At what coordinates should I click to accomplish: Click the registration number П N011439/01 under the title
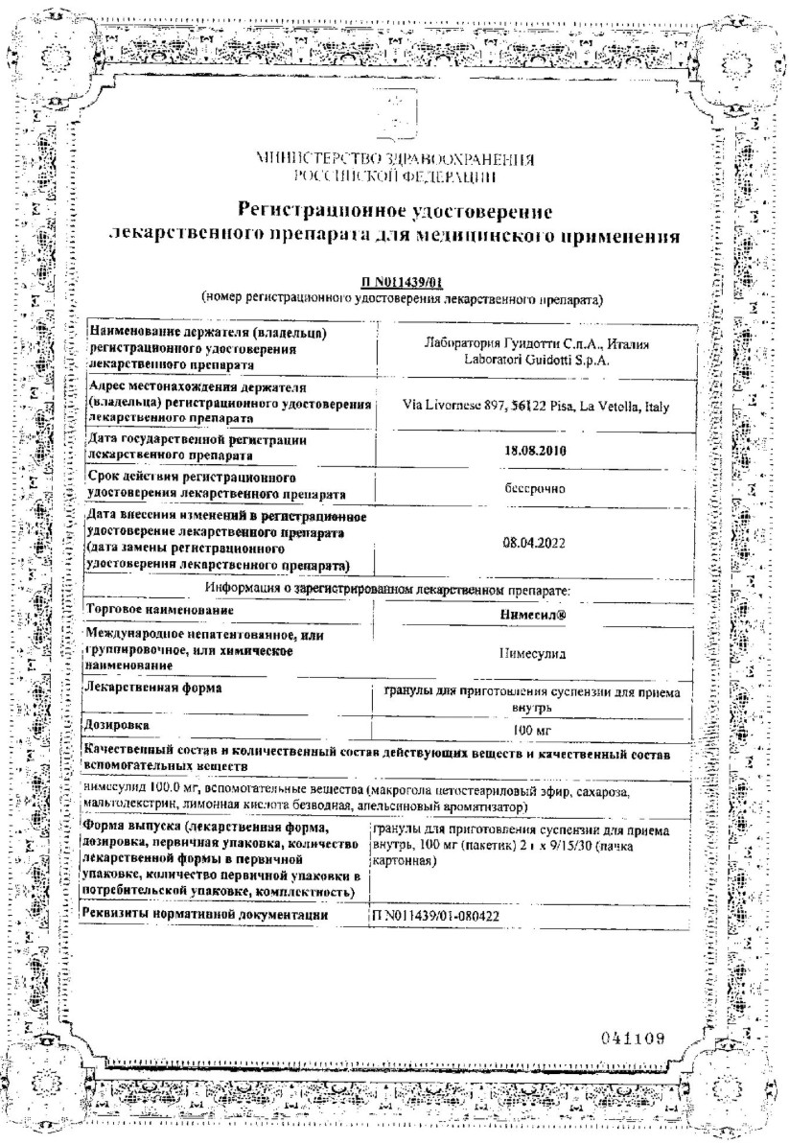[394, 284]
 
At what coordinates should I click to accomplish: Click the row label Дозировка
[118, 723]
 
